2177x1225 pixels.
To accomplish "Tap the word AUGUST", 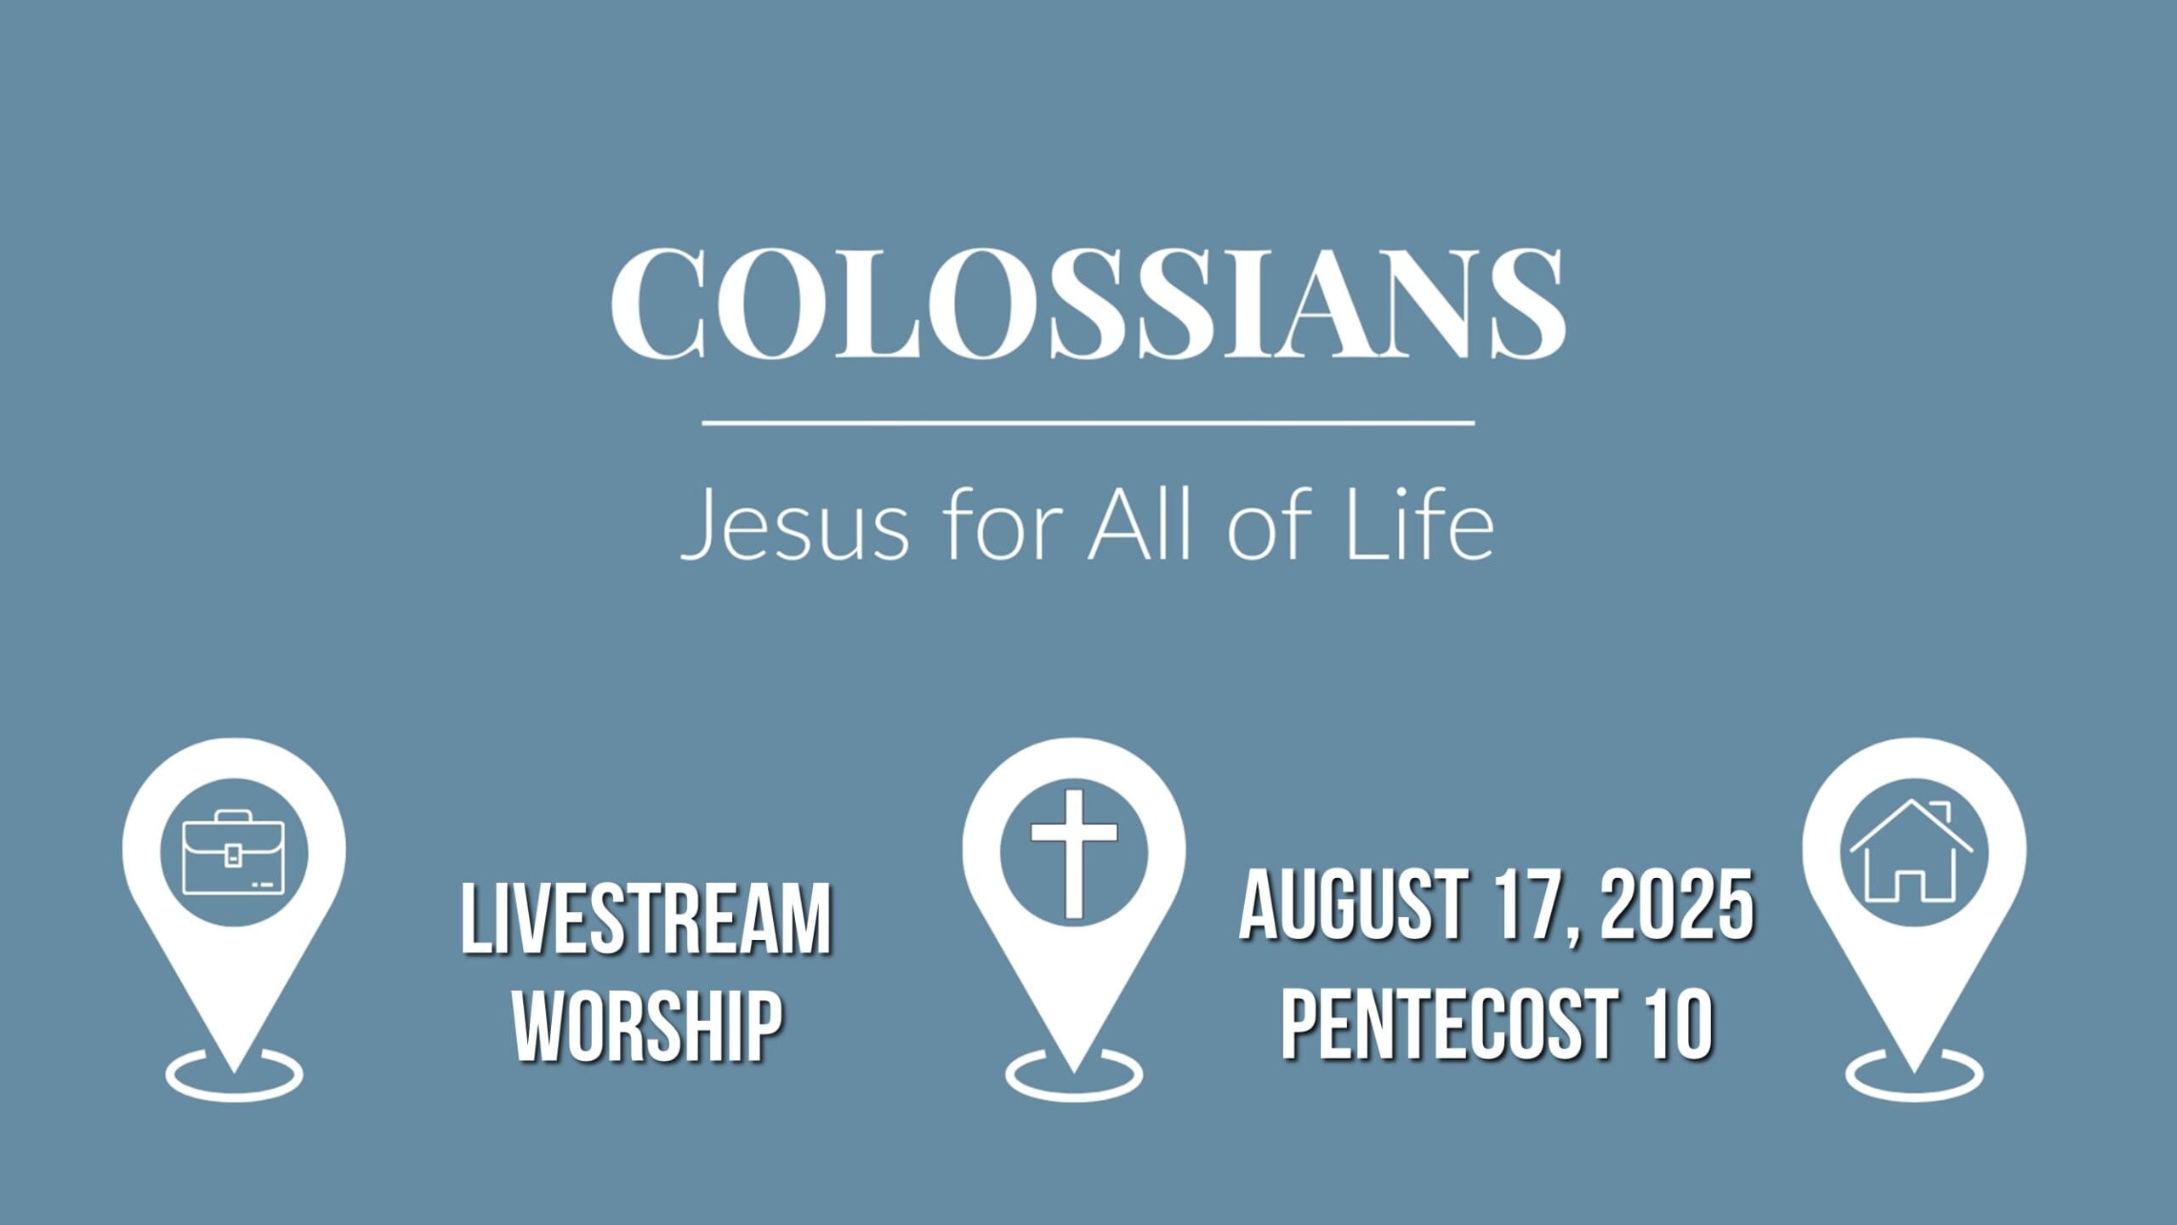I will [1352, 905].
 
